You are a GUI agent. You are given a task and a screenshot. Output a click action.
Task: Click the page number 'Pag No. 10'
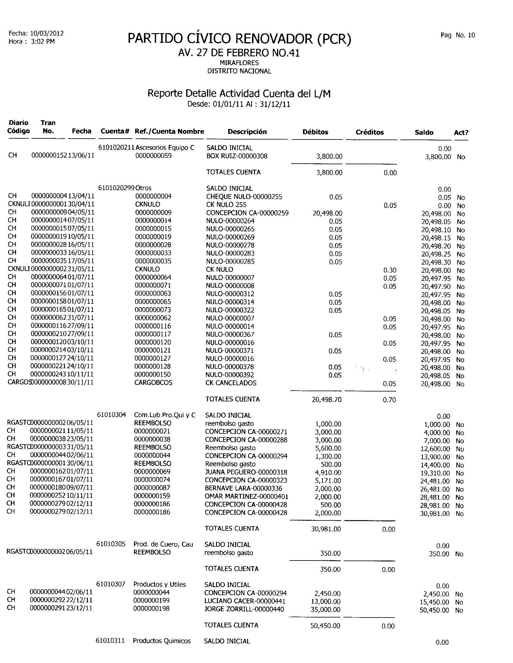(x=457, y=35)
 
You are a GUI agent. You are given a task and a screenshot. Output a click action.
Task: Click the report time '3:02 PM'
(x=43, y=42)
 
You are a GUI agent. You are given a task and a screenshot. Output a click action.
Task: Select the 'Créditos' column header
(x=370, y=132)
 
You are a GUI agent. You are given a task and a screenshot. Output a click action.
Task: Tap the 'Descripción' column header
(x=247, y=132)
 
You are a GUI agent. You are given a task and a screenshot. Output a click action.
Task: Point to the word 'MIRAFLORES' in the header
(x=239, y=63)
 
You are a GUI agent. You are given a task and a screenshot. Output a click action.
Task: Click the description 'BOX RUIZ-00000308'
(x=237, y=156)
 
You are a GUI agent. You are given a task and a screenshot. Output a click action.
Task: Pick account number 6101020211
(x=116, y=148)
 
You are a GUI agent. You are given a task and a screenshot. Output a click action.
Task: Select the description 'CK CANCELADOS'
(x=231, y=383)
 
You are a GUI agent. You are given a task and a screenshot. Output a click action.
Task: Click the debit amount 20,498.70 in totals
(x=327, y=400)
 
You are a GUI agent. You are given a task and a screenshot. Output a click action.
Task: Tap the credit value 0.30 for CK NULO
(x=390, y=270)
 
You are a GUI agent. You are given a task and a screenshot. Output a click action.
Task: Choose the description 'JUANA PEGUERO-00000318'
(x=246, y=472)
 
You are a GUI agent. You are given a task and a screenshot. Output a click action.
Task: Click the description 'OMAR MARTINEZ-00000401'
(x=247, y=497)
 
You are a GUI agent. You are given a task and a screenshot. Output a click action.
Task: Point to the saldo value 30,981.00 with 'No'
(x=435, y=514)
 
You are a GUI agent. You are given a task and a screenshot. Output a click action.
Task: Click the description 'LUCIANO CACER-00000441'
(x=245, y=601)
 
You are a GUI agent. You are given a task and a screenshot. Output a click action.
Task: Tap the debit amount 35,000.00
(x=325, y=609)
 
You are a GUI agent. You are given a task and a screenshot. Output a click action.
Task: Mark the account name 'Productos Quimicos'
(x=162, y=641)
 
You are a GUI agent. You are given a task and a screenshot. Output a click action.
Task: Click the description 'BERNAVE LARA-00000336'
(x=244, y=489)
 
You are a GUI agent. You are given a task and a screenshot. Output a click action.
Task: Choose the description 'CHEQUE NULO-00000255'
(x=244, y=197)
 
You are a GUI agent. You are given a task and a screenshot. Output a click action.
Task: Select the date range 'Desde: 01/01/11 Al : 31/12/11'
(x=239, y=105)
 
